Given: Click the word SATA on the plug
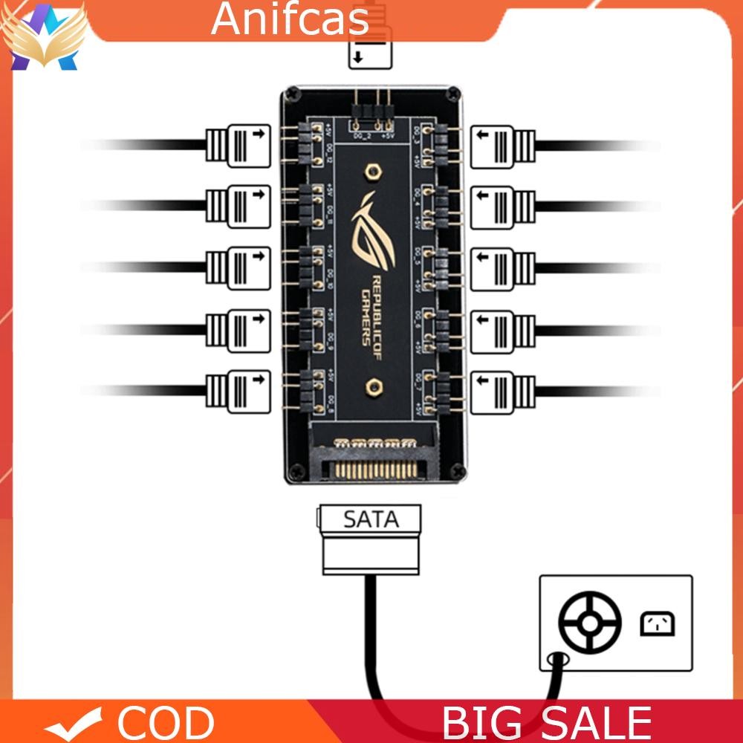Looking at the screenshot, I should point(370,519).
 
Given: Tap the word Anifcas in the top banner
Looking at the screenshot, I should point(290,20).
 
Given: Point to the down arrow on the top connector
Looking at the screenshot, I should point(359,58).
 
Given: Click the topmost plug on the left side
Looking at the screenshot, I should point(238,145).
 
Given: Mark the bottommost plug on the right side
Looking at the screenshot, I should point(503,387).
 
